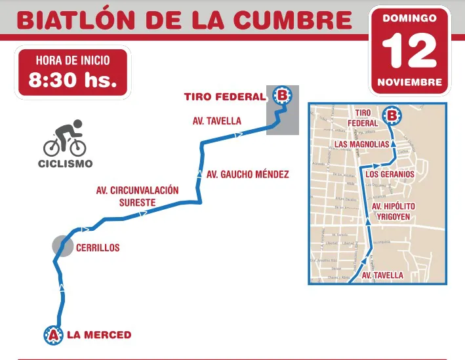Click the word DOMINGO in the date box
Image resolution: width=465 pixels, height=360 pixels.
tap(409, 18)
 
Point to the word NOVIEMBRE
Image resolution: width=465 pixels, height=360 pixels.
tap(409, 83)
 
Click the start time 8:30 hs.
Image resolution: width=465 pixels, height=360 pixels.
tap(73, 81)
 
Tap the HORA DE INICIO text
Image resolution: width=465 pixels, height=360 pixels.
tap(73, 60)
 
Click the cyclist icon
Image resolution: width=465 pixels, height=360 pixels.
tap(64, 138)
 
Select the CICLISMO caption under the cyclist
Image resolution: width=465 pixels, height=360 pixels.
tap(65, 163)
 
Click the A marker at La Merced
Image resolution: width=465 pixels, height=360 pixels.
tap(52, 335)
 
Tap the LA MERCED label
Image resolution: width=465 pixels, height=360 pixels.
tap(99, 335)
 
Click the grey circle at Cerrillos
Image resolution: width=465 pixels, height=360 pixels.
tap(63, 246)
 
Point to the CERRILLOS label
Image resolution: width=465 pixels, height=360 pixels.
tap(98, 248)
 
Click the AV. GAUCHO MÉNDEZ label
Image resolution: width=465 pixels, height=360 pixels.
tap(247, 174)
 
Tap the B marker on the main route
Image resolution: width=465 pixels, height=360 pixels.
tap(282, 96)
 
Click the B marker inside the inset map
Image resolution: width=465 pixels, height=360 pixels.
tap(392, 116)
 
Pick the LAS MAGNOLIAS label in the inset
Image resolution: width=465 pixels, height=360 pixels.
tap(361, 143)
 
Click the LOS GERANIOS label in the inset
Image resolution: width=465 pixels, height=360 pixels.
tap(390, 174)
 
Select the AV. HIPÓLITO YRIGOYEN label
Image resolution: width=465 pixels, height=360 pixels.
tap(394, 211)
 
